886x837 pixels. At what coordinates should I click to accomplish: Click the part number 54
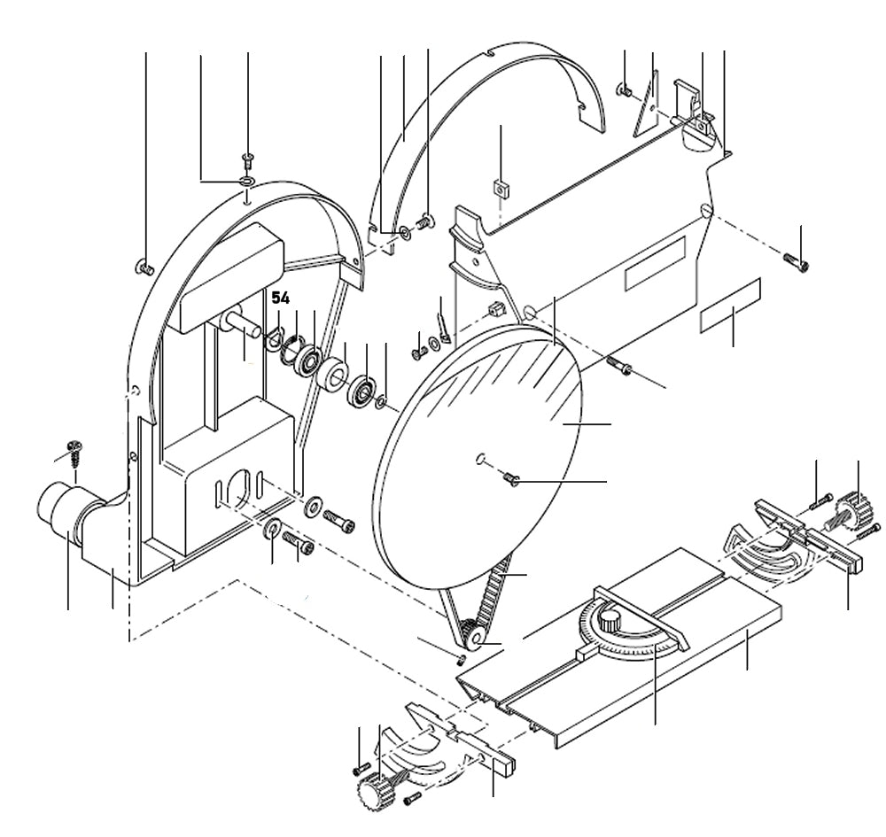point(280,298)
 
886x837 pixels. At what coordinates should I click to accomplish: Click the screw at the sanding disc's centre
point(510,479)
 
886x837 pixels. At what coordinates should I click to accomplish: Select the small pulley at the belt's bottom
point(471,636)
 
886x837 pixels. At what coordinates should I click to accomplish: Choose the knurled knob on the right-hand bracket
point(853,511)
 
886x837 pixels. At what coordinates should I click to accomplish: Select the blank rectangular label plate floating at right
point(731,306)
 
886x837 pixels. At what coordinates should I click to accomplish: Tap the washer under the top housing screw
point(247,182)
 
